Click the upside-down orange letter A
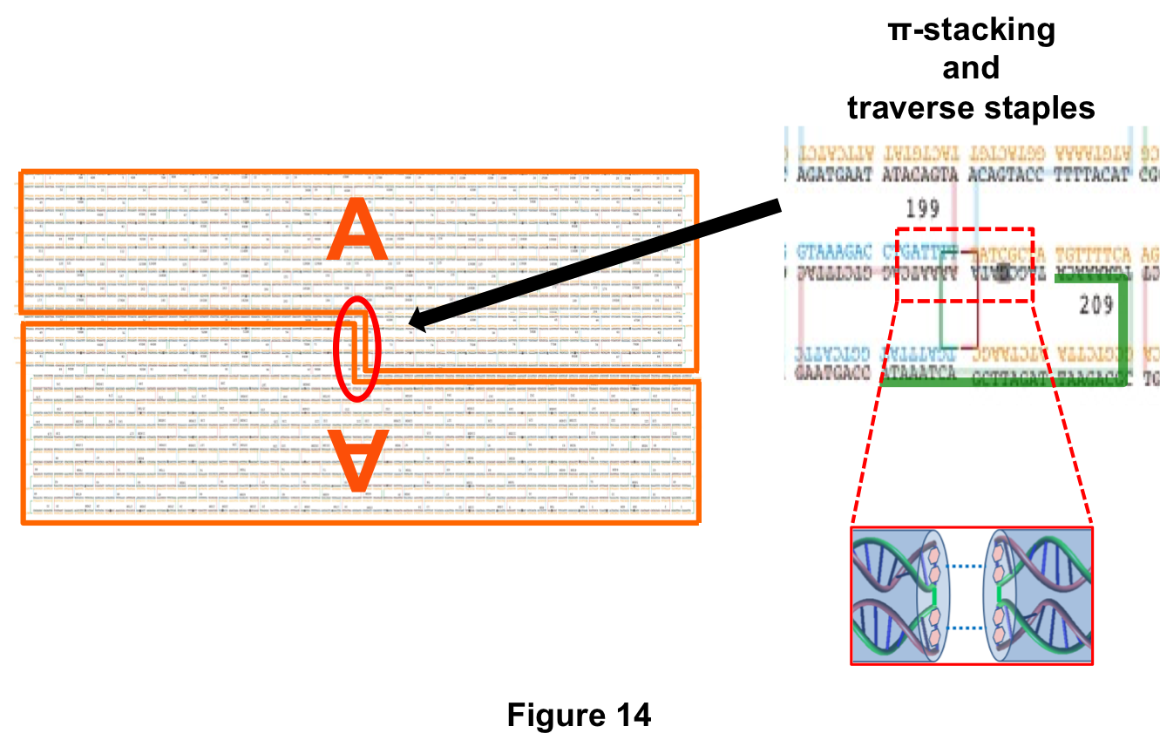(x=356, y=458)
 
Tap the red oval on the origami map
(x=357, y=349)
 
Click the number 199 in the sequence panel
(x=922, y=208)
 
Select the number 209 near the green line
(x=1096, y=305)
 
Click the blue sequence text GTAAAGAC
(x=834, y=255)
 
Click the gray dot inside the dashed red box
(x=1003, y=272)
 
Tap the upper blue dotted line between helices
(x=966, y=567)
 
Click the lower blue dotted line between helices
(x=966, y=628)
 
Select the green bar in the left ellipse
(x=933, y=597)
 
